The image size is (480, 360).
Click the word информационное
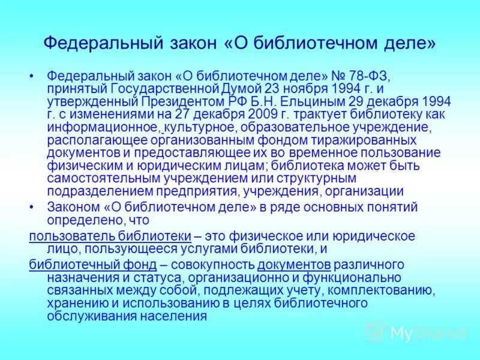[103, 127]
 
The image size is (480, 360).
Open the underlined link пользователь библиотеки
[110, 235]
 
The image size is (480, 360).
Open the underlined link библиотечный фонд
[93, 265]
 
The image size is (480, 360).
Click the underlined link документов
[295, 265]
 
